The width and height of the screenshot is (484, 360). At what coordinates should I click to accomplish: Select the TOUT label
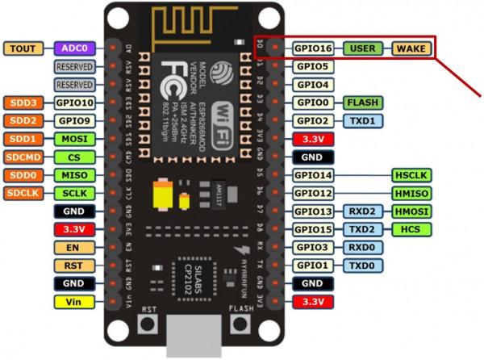click(24, 48)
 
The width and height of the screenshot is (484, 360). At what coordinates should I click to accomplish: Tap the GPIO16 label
click(312, 48)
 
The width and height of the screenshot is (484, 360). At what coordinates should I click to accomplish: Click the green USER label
click(362, 48)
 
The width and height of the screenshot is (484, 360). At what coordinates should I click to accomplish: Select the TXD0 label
click(362, 266)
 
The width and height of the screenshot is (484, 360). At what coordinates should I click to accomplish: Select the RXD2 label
click(362, 211)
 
